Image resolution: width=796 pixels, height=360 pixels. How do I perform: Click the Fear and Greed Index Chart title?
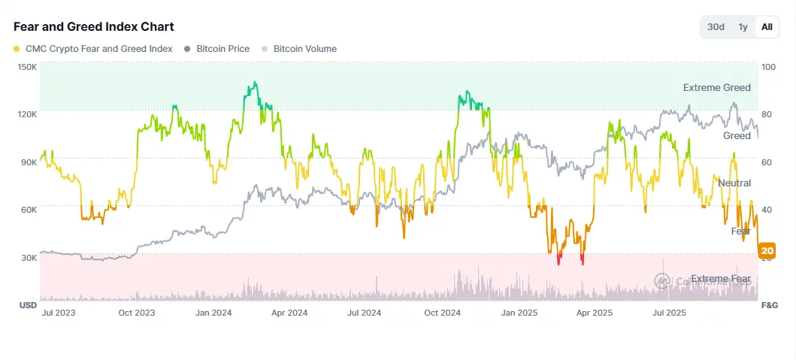click(x=94, y=26)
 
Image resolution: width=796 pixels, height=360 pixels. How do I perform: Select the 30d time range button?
click(x=716, y=27)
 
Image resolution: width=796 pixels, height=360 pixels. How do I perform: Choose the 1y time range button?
click(x=743, y=27)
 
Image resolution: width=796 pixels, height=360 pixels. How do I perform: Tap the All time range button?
click(x=767, y=27)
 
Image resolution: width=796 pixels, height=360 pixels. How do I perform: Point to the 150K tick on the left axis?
click(x=27, y=67)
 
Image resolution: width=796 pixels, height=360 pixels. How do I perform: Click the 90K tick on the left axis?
click(x=28, y=162)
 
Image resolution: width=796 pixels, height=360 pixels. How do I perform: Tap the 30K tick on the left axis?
click(x=28, y=257)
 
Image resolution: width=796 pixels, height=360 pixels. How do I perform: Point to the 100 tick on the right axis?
click(x=768, y=67)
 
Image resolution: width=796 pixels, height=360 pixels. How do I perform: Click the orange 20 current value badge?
click(x=767, y=250)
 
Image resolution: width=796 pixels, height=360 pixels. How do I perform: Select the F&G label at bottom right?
click(x=769, y=306)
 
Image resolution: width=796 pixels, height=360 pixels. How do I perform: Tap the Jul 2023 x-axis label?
click(x=58, y=313)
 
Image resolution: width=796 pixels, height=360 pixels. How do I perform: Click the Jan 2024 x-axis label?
click(x=211, y=313)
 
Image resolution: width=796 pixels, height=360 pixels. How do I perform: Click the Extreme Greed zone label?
click(x=716, y=88)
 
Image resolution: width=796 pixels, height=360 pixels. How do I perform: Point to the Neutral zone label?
click(x=734, y=183)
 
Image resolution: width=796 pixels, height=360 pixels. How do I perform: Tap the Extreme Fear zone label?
click(x=720, y=279)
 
